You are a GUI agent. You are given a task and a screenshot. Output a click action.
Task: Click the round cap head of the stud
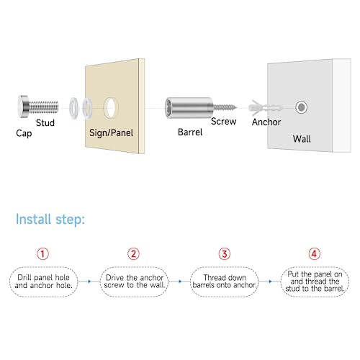click(x=23, y=107)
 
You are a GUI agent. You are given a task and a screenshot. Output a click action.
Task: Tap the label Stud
click(x=45, y=123)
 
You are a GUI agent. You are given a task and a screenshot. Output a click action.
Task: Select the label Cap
click(x=24, y=133)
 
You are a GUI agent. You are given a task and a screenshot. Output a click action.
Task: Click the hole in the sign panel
click(x=111, y=108)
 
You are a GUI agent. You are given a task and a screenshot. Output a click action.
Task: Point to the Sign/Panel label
click(x=111, y=132)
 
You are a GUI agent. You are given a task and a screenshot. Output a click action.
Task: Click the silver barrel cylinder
click(x=189, y=108)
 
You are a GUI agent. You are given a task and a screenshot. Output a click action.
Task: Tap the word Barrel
click(x=190, y=132)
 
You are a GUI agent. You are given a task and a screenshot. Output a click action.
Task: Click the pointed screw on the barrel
click(x=225, y=107)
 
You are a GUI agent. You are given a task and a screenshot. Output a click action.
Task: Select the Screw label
click(x=224, y=122)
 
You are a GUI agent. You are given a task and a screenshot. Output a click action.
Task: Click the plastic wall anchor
click(x=265, y=108)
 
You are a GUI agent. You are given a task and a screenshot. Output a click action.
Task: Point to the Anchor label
click(x=266, y=122)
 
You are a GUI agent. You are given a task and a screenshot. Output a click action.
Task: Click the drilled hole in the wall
click(x=301, y=107)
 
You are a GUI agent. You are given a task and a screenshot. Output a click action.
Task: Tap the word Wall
click(x=302, y=139)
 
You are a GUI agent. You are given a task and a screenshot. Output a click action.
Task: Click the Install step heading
click(x=50, y=220)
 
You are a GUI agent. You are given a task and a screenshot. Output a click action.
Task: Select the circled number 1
click(x=42, y=253)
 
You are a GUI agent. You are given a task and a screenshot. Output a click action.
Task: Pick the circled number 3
click(x=225, y=253)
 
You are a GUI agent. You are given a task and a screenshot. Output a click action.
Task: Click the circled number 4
click(x=315, y=253)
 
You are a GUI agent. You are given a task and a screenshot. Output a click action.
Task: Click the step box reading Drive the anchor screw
click(x=135, y=282)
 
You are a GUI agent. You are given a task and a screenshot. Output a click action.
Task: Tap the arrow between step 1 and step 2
click(x=89, y=282)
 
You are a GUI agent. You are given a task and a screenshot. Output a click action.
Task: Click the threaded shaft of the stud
click(x=43, y=107)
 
